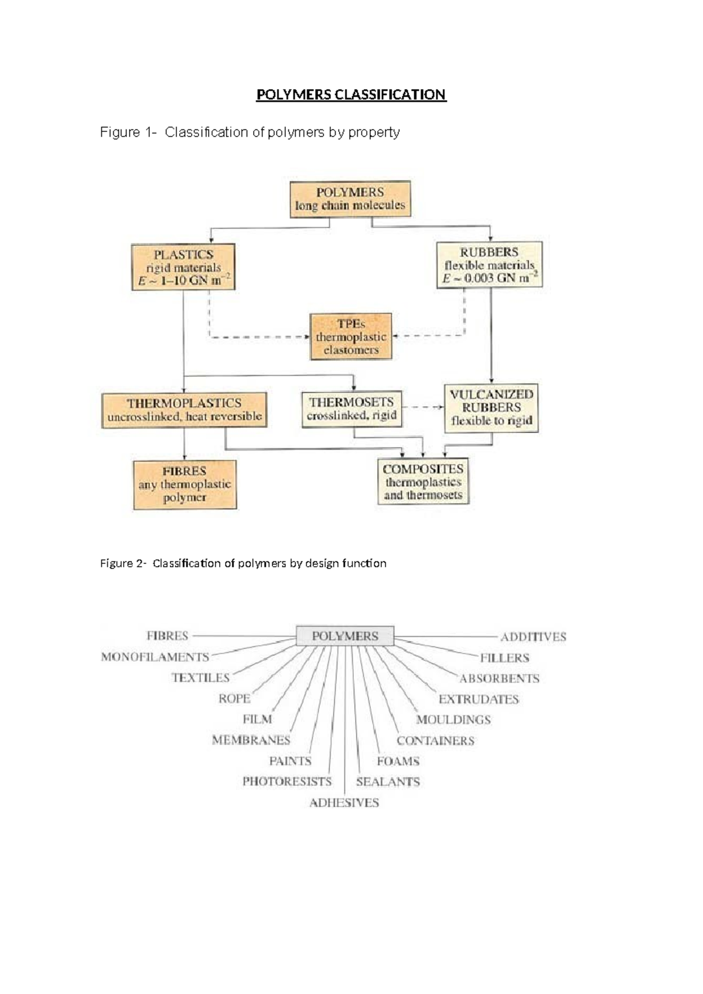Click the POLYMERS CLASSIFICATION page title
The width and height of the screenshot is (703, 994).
(351, 95)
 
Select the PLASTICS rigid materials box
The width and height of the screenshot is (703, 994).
(183, 267)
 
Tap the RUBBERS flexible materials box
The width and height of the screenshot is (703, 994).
(489, 265)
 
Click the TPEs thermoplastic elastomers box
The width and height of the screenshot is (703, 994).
(351, 336)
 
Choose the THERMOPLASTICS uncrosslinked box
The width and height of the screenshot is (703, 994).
(184, 410)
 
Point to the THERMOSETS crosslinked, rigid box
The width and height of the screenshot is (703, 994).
(352, 409)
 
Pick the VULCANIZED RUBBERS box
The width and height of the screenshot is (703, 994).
(491, 408)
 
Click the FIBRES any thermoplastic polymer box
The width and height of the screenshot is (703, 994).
(185, 484)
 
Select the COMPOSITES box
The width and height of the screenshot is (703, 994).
(423, 481)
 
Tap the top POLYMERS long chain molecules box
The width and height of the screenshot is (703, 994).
(350, 199)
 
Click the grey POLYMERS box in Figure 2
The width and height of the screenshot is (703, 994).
(345, 636)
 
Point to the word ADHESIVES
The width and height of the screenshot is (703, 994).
(344, 803)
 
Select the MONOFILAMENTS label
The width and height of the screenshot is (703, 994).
(155, 657)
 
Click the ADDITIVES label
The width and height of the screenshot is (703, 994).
(533, 636)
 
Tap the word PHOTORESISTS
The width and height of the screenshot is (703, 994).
(287, 782)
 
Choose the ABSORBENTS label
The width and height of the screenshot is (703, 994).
(499, 679)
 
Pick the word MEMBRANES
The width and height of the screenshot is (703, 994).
(251, 740)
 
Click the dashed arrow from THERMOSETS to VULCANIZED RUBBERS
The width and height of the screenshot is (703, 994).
(423, 407)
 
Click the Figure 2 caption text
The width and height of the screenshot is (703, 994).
(243, 563)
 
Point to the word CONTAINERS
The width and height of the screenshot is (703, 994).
(435, 741)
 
